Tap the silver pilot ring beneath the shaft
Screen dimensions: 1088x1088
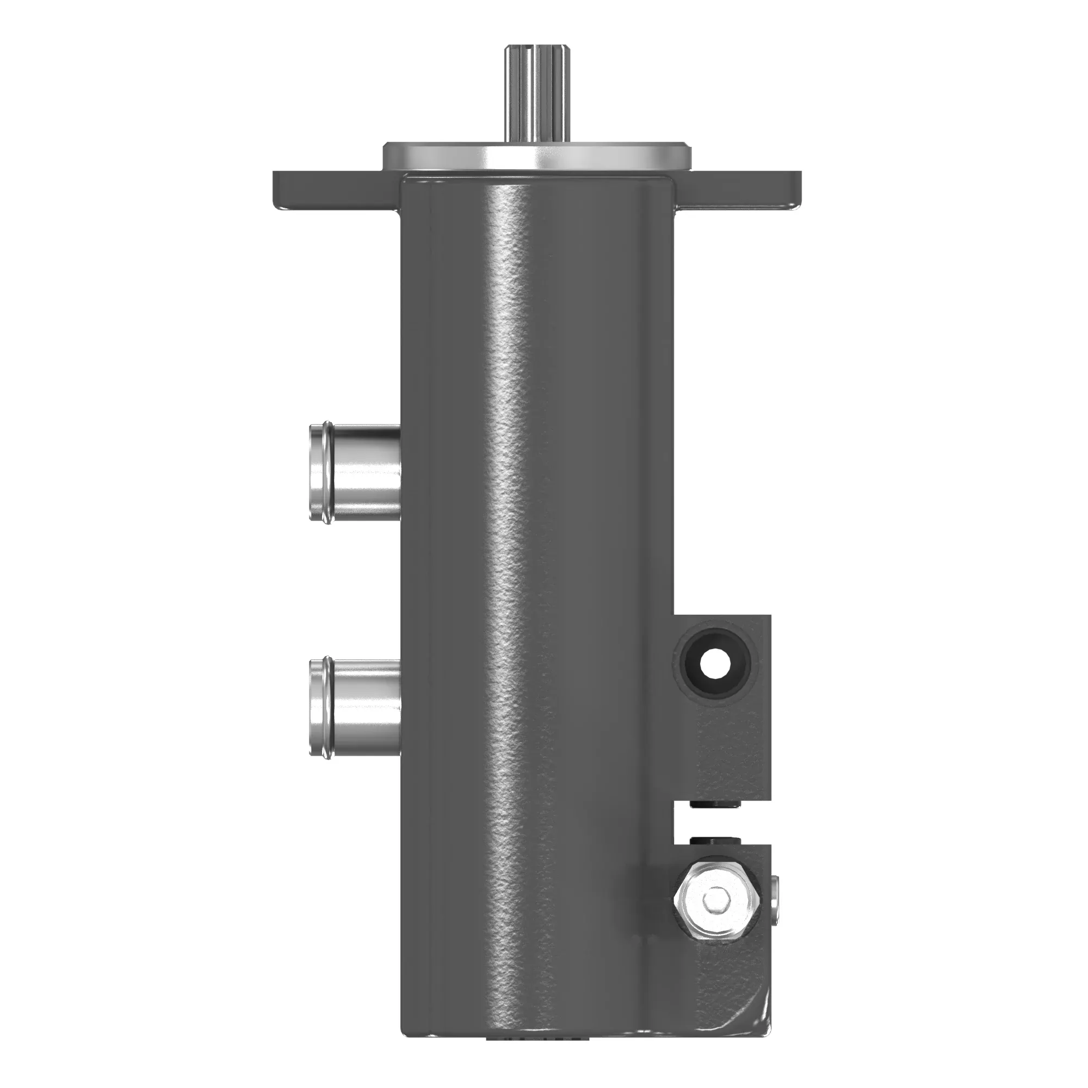[537, 156]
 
